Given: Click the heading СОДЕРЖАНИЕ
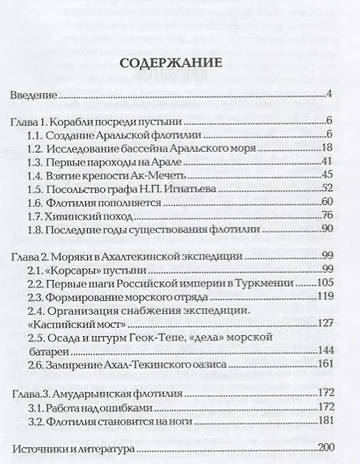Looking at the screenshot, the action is click(179, 63).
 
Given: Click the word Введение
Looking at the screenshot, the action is click(34, 94).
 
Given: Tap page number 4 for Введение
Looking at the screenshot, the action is click(327, 94).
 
